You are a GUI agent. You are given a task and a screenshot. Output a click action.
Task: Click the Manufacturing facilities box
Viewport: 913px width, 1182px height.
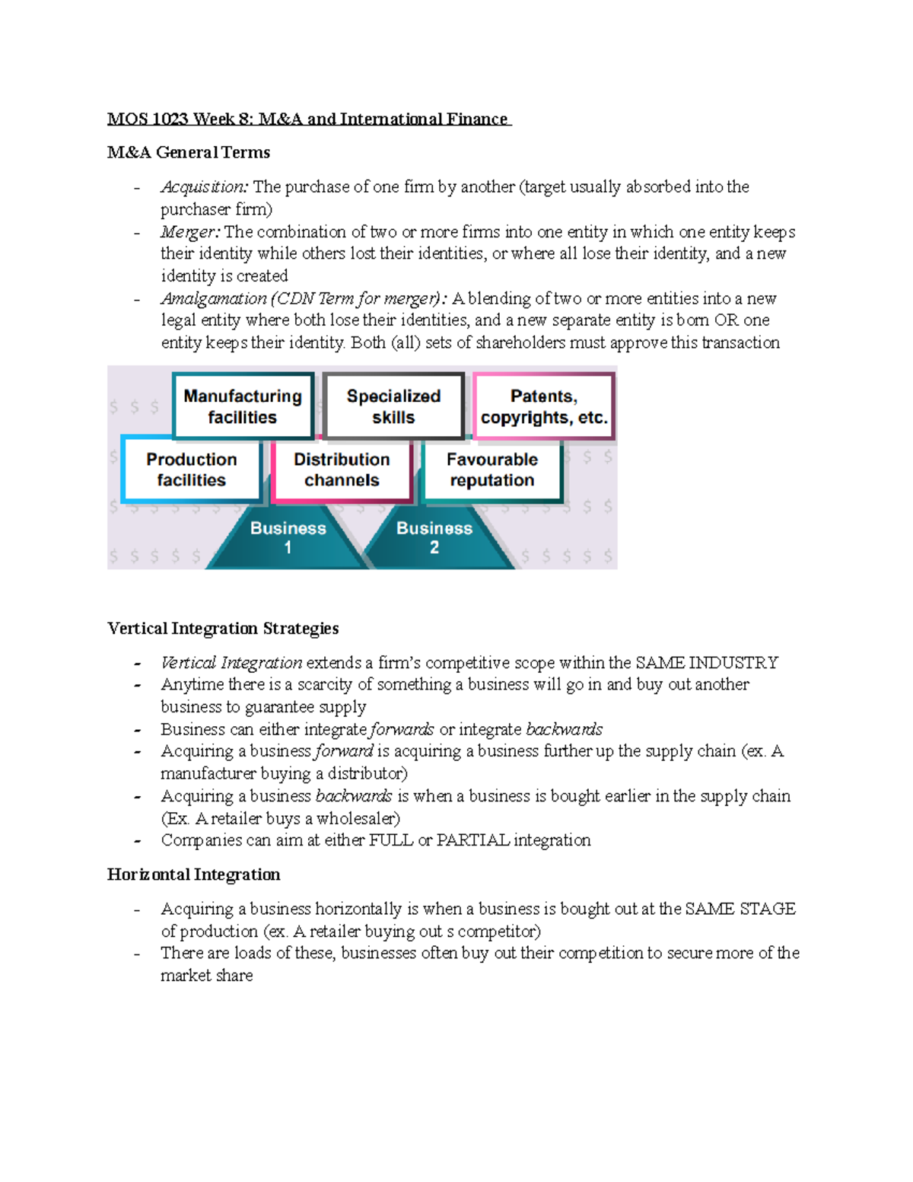pyautogui.click(x=243, y=406)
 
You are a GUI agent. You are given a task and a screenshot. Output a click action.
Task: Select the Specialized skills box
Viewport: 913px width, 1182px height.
pyautogui.click(x=393, y=406)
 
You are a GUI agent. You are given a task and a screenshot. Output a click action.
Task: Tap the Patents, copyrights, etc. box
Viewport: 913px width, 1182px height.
pyautogui.click(x=544, y=406)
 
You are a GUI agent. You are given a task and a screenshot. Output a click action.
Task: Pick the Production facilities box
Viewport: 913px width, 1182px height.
pyautogui.click(x=192, y=470)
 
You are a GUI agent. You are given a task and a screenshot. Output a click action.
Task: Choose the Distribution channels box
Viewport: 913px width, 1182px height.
pyautogui.click(x=342, y=470)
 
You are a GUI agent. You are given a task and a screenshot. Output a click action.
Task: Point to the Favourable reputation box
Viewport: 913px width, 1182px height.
pyautogui.click(x=492, y=470)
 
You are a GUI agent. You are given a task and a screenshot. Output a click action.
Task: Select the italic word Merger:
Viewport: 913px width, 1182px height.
pyautogui.click(x=190, y=232)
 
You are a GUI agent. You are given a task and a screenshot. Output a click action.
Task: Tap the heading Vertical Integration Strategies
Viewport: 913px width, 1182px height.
pyautogui.click(x=223, y=629)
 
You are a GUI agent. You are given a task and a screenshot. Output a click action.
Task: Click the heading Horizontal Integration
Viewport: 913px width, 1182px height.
pyautogui.click(x=194, y=875)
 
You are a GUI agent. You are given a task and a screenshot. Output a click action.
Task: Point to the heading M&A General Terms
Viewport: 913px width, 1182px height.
pyautogui.click(x=189, y=153)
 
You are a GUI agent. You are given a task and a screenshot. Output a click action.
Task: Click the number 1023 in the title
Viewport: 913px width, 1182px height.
pyautogui.click(x=171, y=119)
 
